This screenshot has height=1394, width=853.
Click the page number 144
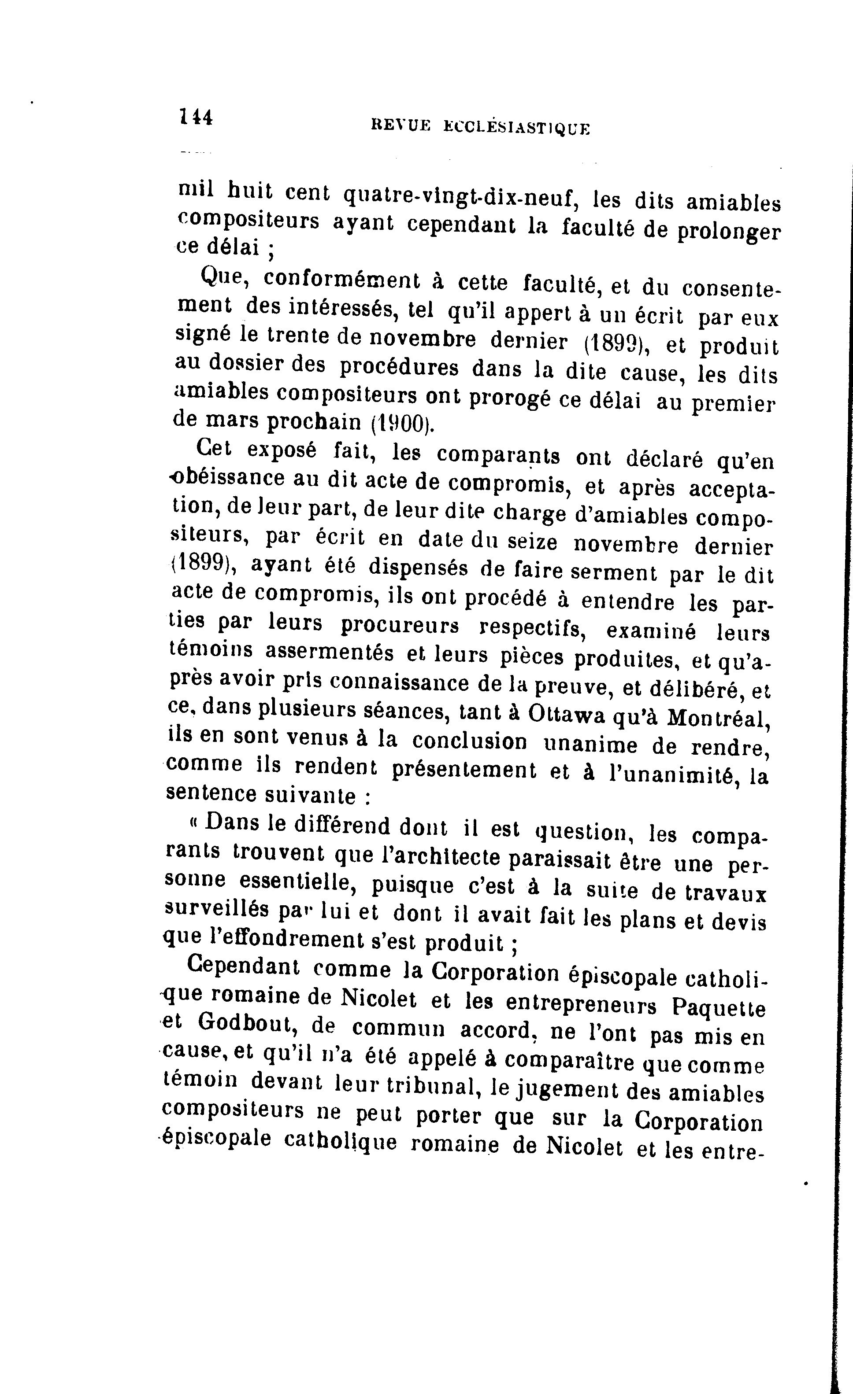[196, 117]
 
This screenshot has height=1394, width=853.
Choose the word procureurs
[400, 625]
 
